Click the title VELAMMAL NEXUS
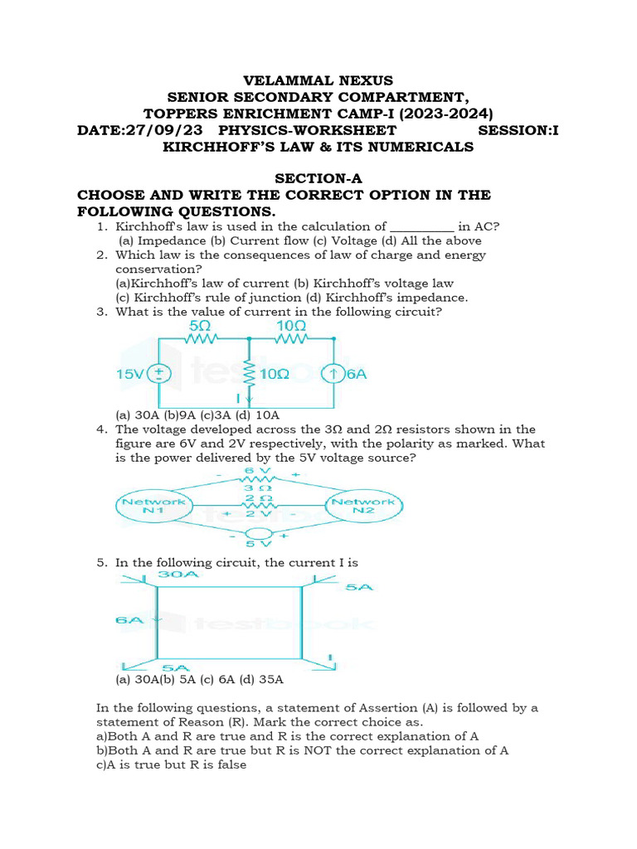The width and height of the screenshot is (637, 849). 318,80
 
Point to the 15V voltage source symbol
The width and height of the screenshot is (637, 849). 159,374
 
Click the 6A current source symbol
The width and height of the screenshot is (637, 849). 333,374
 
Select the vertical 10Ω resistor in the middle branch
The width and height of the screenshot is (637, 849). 248,373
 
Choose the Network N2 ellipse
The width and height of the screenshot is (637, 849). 363,506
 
